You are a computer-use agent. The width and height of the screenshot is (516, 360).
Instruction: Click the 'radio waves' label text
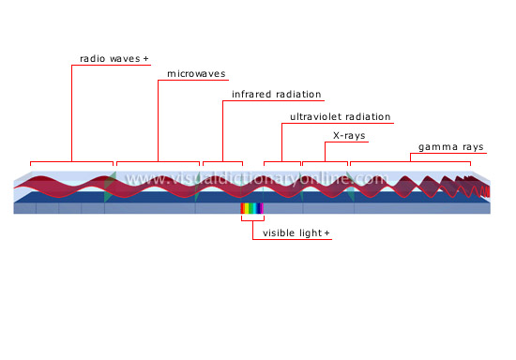(x=109, y=58)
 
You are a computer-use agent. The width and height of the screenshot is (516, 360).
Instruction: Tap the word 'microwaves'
(x=196, y=74)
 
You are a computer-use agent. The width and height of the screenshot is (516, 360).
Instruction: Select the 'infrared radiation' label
(x=277, y=95)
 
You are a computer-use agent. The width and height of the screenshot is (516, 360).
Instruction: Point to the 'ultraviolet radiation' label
(x=341, y=118)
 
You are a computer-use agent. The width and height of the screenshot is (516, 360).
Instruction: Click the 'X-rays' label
(x=350, y=136)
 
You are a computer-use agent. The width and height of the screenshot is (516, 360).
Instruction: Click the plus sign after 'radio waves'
(x=146, y=58)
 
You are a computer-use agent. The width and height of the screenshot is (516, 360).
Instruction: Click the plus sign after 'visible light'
(x=327, y=232)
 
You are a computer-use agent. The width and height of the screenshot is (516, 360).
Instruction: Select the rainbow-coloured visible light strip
(x=252, y=209)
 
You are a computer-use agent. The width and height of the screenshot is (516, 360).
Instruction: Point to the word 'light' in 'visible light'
(x=311, y=232)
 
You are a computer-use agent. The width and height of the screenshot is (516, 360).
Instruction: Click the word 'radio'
(x=91, y=58)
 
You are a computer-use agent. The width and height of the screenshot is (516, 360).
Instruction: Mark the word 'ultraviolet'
(x=314, y=118)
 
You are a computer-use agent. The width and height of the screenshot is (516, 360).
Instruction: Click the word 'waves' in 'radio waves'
(x=123, y=58)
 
